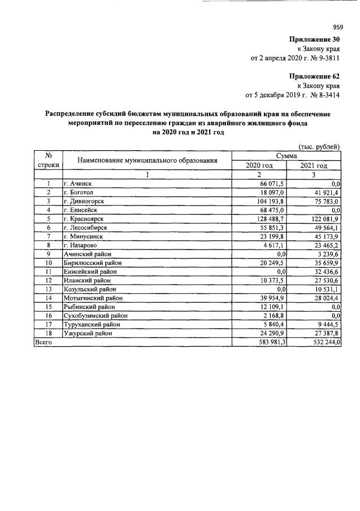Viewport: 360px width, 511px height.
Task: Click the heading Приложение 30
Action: pyautogui.click(x=314, y=40)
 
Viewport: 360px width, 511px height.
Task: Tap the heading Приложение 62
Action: pyautogui.click(x=314, y=76)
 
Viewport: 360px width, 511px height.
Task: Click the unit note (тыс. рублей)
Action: pyautogui.click(x=318, y=147)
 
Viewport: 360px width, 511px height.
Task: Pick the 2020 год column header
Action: pyautogui.click(x=259, y=165)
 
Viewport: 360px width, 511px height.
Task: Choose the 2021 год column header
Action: pyautogui.click(x=314, y=165)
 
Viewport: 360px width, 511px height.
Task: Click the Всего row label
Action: pyautogui.click(x=44, y=342)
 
